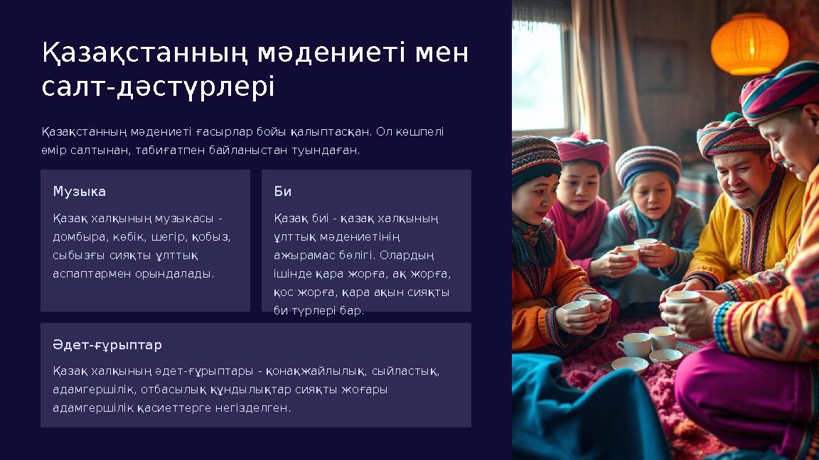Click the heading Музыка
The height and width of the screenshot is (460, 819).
point(80,192)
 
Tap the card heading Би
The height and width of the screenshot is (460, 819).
point(282,192)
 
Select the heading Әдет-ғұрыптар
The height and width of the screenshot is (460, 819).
point(107,345)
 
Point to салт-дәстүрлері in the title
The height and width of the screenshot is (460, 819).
point(158,88)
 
